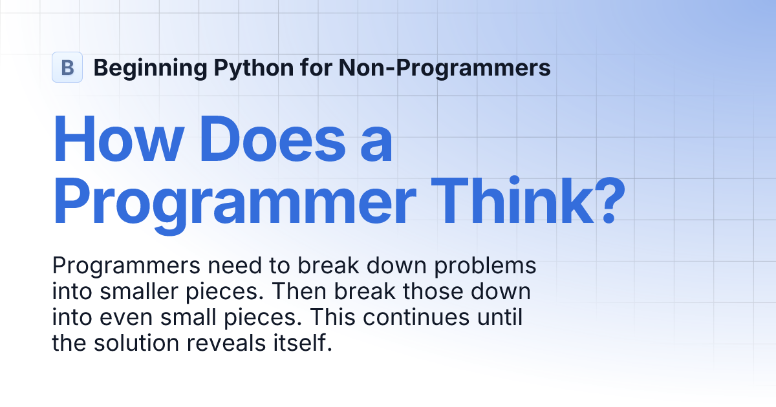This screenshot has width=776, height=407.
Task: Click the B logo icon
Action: coord(67,67)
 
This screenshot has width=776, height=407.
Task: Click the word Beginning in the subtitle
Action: coord(150,68)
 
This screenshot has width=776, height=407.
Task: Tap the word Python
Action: coord(254,68)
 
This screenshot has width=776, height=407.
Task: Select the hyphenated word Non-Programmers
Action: coord(444,68)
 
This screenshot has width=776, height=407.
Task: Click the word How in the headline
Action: coord(118,138)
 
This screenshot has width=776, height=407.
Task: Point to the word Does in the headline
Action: coord(272,138)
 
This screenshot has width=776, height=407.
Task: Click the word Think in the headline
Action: coord(512,201)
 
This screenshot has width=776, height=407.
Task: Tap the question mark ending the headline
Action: coord(610,201)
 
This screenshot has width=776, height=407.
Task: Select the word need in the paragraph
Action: coord(235,266)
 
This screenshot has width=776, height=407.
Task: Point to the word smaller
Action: coord(139,291)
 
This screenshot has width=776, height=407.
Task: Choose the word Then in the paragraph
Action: coord(299,291)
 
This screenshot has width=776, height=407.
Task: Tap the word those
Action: coord(433,291)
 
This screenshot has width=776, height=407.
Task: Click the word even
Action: coord(126,318)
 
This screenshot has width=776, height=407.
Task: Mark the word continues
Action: coord(416,317)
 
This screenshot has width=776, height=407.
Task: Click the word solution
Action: coord(136,343)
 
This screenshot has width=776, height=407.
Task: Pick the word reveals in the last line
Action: coord(226,343)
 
